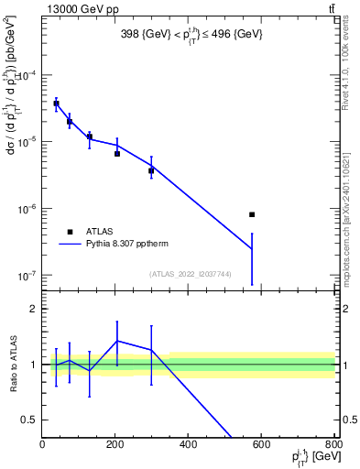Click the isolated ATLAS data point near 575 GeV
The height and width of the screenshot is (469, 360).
(x=252, y=214)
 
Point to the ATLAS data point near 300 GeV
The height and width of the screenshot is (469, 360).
(x=151, y=170)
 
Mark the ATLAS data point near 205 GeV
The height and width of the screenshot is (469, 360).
(x=117, y=153)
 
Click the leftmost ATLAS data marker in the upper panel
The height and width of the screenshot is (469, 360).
(x=56, y=104)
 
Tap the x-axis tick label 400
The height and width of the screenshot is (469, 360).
(x=189, y=445)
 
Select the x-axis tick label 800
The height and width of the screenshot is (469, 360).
(x=334, y=445)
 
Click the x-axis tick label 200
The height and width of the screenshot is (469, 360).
(x=115, y=445)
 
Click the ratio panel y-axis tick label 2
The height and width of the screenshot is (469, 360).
(x=32, y=310)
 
